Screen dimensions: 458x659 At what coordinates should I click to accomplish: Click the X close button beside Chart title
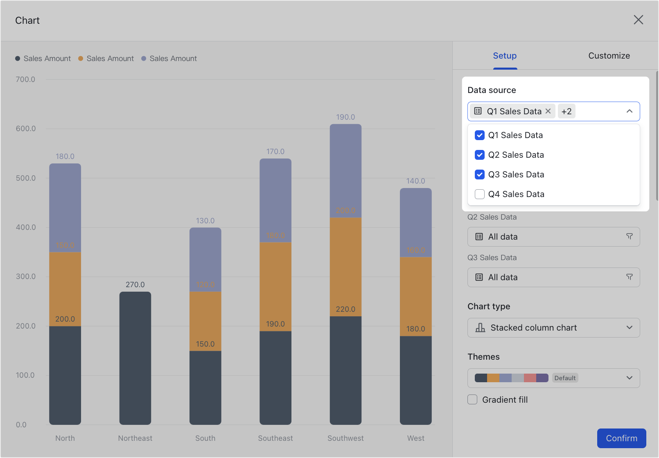point(638,20)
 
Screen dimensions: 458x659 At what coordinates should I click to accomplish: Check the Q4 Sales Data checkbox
point(479,194)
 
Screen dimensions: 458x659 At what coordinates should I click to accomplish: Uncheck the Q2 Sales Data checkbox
point(479,155)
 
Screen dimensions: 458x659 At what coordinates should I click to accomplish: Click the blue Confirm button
point(621,438)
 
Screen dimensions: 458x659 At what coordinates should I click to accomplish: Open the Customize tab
point(609,56)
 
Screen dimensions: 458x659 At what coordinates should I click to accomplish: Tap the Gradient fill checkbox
point(472,399)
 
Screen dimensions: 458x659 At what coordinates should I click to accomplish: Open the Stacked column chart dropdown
point(553,328)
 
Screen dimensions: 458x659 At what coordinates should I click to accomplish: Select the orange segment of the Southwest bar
point(345,266)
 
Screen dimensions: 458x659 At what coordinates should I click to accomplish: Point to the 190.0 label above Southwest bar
point(345,117)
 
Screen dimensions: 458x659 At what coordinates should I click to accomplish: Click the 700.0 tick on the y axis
point(25,79)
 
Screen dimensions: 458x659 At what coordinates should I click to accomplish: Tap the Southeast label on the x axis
point(275,438)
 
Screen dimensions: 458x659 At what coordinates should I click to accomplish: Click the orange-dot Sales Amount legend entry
point(106,59)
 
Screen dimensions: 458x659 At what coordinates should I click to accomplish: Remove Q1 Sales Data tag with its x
point(548,111)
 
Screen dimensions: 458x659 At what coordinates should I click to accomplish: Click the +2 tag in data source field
point(566,111)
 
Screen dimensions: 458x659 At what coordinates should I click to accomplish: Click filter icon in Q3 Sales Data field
point(629,277)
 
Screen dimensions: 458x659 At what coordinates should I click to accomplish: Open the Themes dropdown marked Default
point(553,378)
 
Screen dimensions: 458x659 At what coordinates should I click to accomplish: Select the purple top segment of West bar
point(415,221)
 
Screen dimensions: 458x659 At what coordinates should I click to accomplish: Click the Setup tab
point(504,56)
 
